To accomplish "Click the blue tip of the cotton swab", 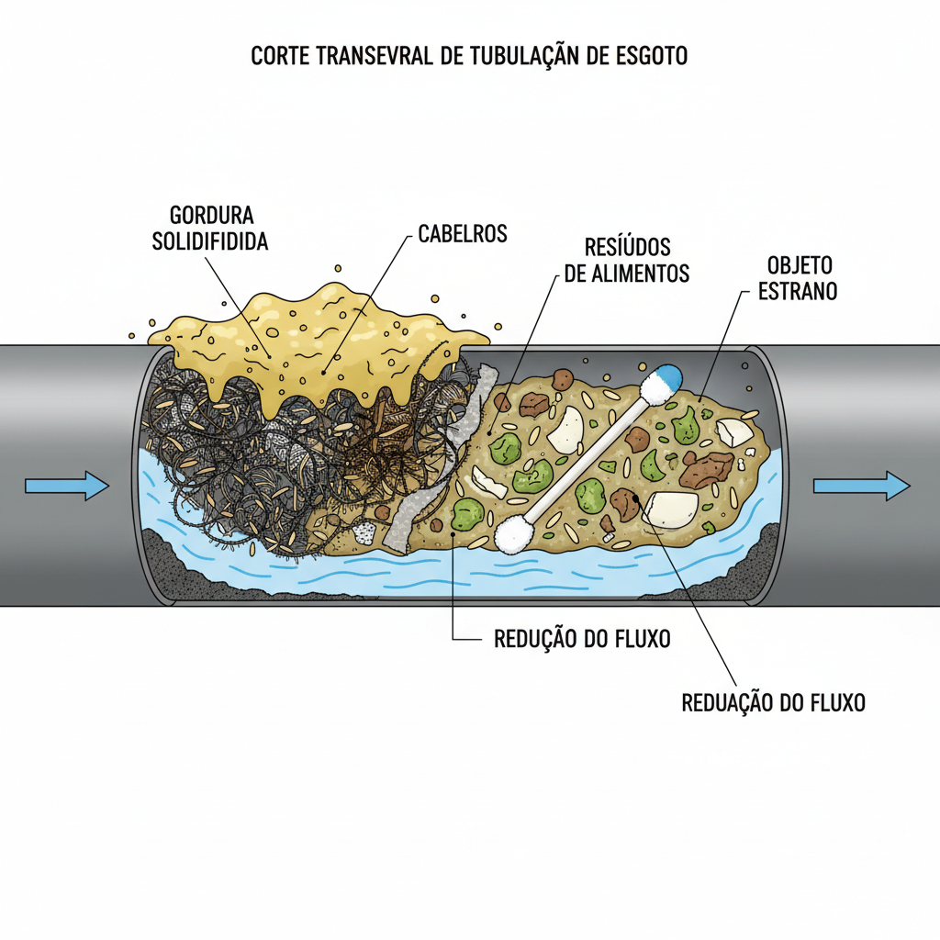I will tap(668, 376).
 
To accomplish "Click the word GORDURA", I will tap(212, 216).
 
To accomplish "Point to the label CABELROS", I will tap(463, 233).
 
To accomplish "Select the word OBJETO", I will tap(800, 266).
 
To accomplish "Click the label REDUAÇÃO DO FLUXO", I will tap(774, 703).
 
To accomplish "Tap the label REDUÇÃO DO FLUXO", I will tap(582, 639).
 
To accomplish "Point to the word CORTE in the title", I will tap(280, 56).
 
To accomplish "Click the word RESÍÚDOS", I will tap(628, 247).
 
